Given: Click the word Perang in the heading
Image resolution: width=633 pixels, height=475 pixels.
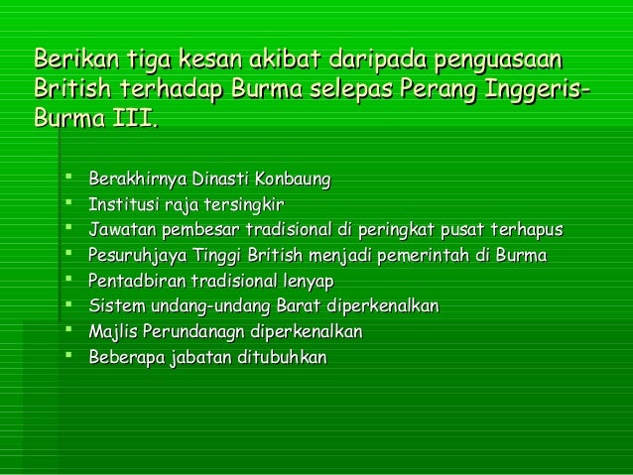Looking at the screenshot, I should [438, 90].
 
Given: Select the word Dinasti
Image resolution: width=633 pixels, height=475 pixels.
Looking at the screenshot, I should [220, 179].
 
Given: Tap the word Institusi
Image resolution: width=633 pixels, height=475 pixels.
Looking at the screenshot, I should [122, 204].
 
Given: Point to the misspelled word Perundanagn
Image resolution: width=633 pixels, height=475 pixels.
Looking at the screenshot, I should [192, 330].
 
